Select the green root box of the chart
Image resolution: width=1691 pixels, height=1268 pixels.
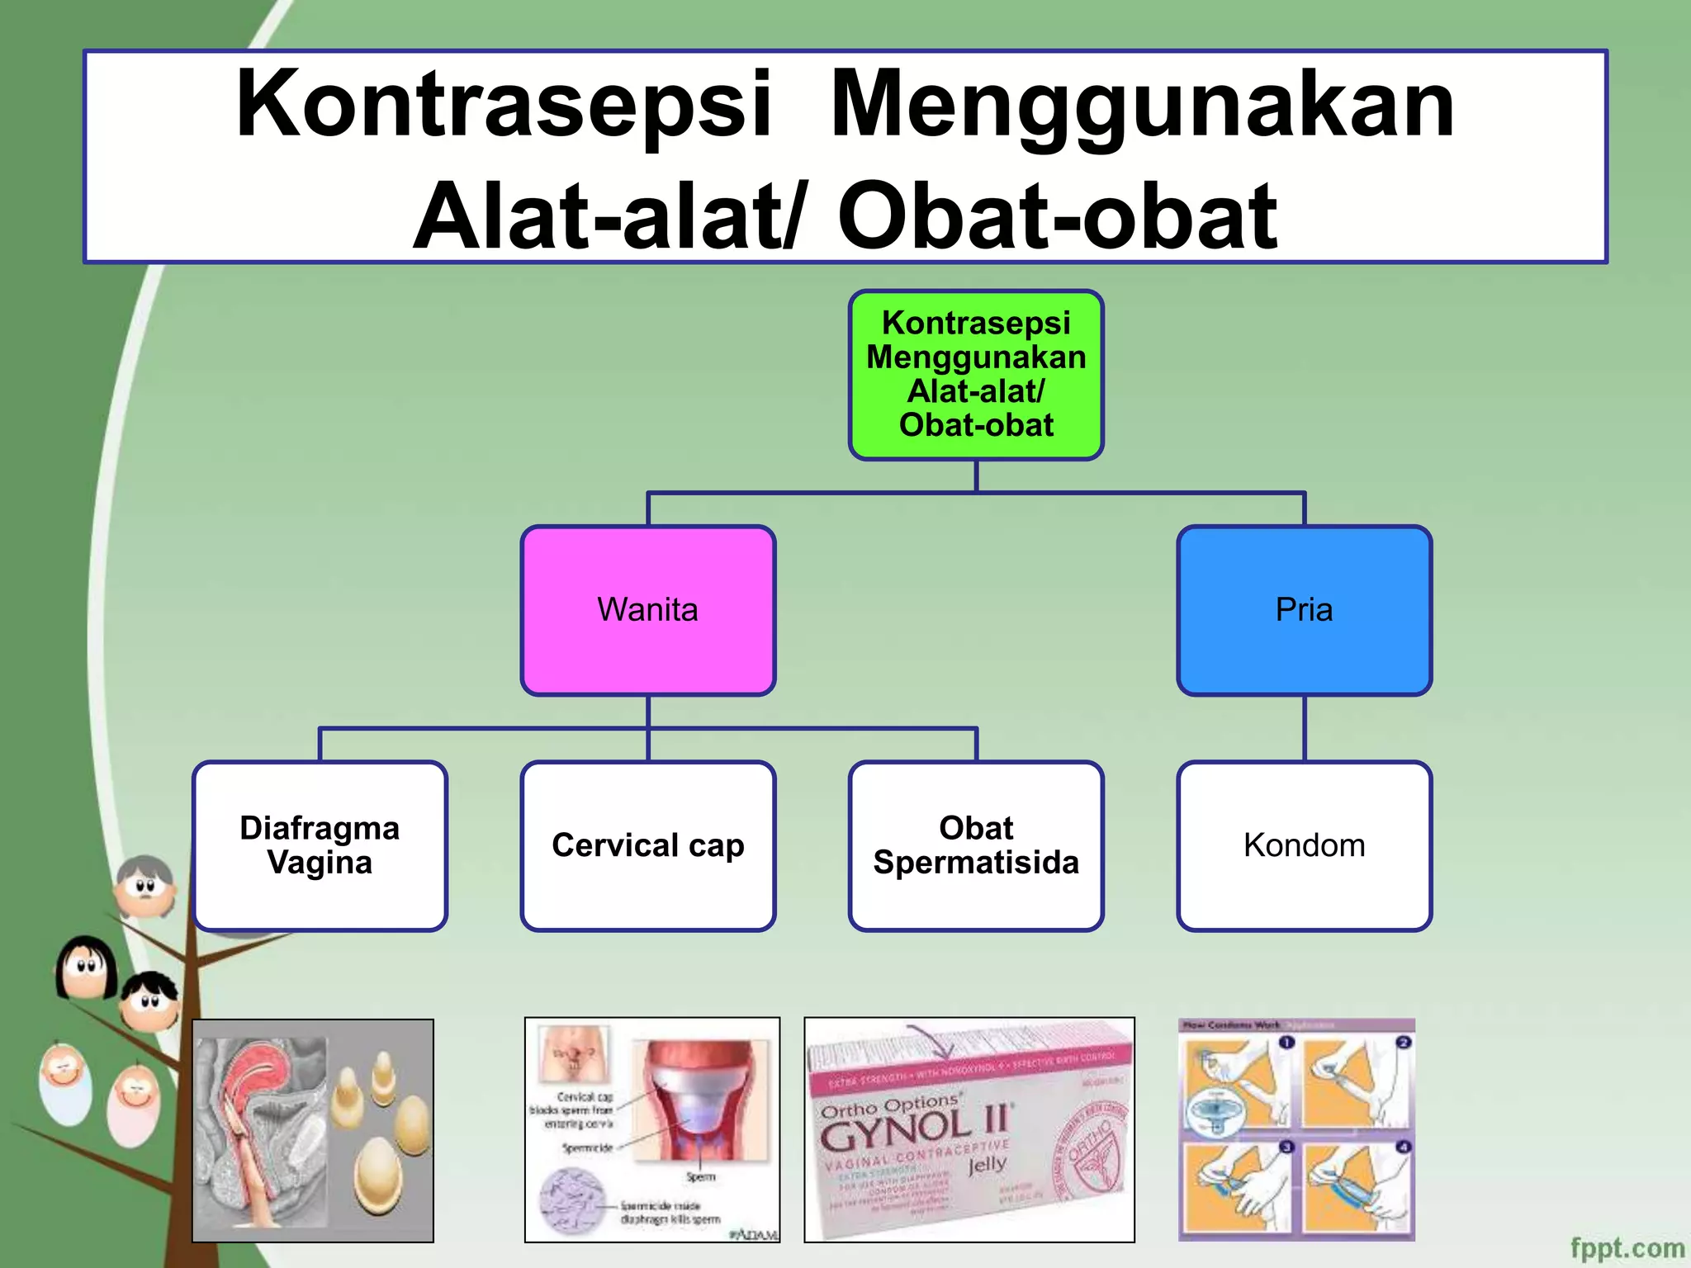pos(976,375)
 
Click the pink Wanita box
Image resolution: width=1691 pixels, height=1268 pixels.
pos(648,610)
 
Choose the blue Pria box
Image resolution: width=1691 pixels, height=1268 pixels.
pos(1304,610)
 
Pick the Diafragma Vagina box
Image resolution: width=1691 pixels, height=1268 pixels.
pos(320,845)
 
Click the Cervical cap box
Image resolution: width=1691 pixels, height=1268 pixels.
pos(648,845)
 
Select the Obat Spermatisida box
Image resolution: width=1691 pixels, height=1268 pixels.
pos(976,845)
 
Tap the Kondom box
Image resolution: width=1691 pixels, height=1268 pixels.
pos(1304,845)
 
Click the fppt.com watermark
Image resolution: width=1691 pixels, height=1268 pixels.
pos(1627,1247)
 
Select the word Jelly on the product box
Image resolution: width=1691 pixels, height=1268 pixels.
pos(988,1165)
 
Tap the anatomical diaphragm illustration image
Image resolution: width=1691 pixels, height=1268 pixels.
pos(313,1130)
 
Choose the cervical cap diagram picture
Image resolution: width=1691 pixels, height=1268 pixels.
pos(652,1130)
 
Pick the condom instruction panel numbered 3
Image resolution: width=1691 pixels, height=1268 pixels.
pos(1238,1186)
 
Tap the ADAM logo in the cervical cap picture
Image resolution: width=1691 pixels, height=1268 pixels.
pos(754,1234)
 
